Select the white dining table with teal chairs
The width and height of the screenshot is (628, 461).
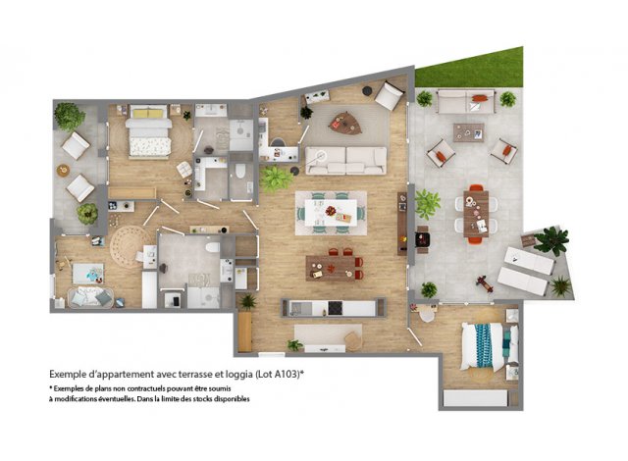[331, 213]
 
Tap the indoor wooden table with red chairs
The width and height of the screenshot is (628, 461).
[333, 267]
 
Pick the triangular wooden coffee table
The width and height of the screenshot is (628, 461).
[345, 123]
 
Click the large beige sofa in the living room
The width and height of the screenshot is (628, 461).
[346, 161]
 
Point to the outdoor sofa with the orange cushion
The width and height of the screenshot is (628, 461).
[467, 102]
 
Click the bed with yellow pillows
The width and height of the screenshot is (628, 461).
[148, 130]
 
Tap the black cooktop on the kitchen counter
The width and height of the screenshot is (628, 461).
[336, 308]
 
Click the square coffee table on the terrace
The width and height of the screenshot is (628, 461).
[469, 132]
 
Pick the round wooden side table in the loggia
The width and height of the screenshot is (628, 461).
[63, 171]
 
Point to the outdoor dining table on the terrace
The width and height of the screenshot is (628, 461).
[476, 214]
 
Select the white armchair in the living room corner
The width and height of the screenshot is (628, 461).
[390, 96]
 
